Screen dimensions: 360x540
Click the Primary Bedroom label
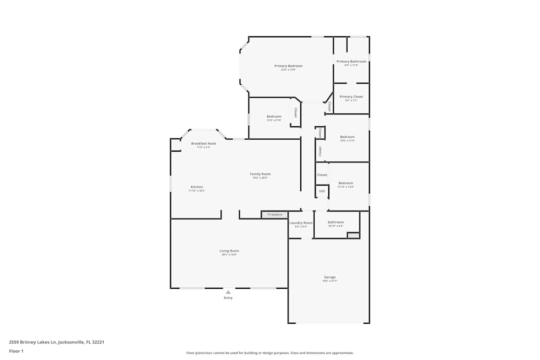(288, 66)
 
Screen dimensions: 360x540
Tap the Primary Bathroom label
(351, 62)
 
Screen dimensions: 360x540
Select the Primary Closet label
(351, 97)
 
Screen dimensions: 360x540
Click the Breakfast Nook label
(204, 144)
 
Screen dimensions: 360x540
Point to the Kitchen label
(197, 187)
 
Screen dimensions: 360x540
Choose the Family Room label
(260, 174)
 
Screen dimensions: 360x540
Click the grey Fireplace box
(275, 215)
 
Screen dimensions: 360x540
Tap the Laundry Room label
(301, 223)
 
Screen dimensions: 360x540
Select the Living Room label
(229, 251)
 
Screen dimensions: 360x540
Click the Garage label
(329, 277)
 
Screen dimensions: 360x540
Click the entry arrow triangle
(228, 292)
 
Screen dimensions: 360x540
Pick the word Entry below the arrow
(228, 298)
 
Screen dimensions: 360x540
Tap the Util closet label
(322, 191)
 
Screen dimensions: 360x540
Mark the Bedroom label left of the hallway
(274, 117)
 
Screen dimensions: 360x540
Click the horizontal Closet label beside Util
(322, 175)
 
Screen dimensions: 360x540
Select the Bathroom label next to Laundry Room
(335, 222)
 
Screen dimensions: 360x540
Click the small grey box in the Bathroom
(353, 235)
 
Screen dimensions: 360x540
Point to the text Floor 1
(16, 351)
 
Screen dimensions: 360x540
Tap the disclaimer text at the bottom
(270, 353)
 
